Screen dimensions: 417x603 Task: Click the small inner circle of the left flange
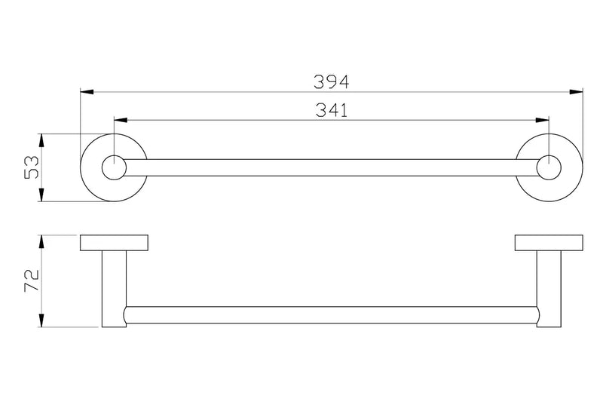(114, 167)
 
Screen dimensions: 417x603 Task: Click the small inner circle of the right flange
(549, 167)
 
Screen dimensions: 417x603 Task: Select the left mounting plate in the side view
(114, 243)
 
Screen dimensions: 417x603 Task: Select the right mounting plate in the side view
(549, 243)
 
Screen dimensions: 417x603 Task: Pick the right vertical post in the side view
(549, 290)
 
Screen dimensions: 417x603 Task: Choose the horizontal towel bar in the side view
(332, 315)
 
